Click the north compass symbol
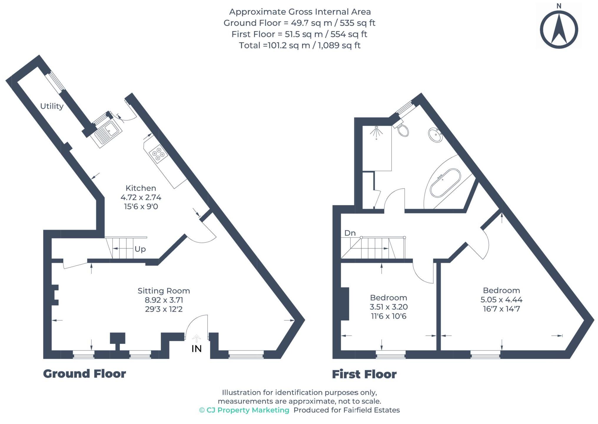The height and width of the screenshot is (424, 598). point(559,29)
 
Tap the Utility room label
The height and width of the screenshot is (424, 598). point(52,106)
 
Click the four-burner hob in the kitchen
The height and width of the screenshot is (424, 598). point(158,154)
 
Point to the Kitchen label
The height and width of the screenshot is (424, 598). point(141,188)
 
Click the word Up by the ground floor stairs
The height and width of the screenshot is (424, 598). point(140,249)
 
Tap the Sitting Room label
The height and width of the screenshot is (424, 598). point(164,291)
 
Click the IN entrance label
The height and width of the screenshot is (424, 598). point(197,349)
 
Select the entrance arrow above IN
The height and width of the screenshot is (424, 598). point(196,338)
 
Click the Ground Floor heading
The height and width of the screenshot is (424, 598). point(84,374)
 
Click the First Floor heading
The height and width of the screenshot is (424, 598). point(364,374)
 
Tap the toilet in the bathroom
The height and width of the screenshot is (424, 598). point(402,130)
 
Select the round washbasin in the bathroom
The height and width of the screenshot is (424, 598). point(435,135)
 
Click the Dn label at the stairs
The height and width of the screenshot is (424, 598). point(350,233)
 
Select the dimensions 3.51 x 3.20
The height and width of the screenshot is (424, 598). point(388,307)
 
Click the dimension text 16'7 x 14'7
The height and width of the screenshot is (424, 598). point(501,309)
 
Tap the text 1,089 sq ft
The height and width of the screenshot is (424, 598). point(339,45)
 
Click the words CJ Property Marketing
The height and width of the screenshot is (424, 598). point(248,410)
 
